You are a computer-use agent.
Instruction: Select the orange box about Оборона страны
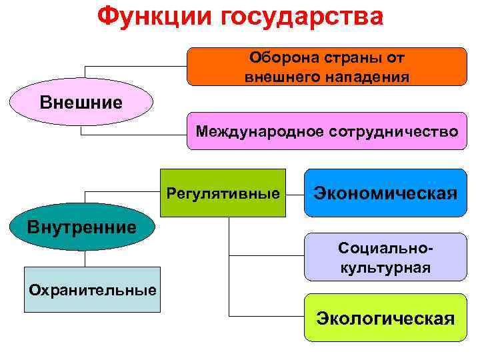(x=327, y=67)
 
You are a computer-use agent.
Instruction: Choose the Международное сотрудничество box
(x=327, y=131)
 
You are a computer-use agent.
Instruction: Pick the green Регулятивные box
(x=223, y=193)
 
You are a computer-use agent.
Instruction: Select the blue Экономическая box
(x=385, y=193)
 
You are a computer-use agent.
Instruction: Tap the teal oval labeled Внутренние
(x=81, y=227)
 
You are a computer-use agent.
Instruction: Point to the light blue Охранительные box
(x=92, y=290)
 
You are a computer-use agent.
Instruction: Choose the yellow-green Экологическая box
(x=385, y=318)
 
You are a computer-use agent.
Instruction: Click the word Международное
(x=259, y=131)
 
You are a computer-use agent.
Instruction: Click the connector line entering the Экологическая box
(x=267, y=315)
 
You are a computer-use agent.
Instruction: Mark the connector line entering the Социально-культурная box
(x=267, y=254)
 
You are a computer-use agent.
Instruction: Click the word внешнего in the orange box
(x=282, y=77)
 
